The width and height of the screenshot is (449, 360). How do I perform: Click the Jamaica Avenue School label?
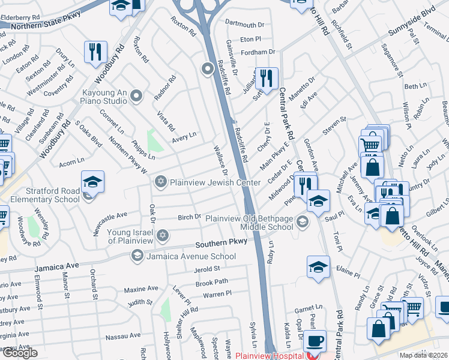pyautogui.click(x=191, y=257)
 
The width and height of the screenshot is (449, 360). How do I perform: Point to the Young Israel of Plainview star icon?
pyautogui.click(x=161, y=235)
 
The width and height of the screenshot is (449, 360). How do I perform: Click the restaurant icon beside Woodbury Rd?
pyautogui.click(x=95, y=52)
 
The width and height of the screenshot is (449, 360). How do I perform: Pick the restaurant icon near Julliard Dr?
pyautogui.click(x=266, y=78)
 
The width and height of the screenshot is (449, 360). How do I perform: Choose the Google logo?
pyautogui.click(x=20, y=353)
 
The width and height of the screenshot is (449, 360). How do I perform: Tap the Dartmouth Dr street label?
pyautogui.click(x=244, y=25)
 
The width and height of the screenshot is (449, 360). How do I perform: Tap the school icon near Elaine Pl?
pyautogui.click(x=318, y=268)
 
